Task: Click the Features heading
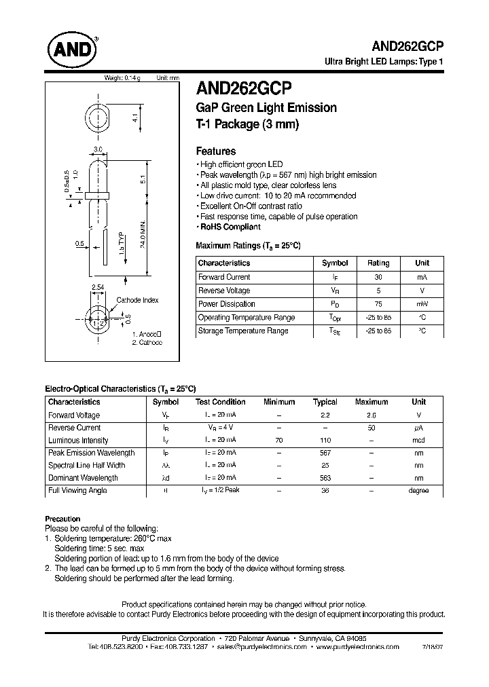tap(215, 151)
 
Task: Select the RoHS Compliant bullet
tap(230, 227)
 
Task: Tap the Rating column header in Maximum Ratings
tap(378, 263)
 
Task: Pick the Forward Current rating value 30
tap(378, 277)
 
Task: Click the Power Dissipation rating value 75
tap(378, 304)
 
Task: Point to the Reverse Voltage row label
tap(224, 291)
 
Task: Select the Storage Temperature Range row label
tap(242, 331)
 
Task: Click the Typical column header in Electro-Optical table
tap(325, 402)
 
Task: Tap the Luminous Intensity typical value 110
tap(325, 441)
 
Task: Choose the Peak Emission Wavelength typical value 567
tap(325, 453)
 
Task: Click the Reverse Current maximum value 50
tap(371, 428)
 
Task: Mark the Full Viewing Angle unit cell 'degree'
tap(418, 491)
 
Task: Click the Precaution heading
tap(62, 519)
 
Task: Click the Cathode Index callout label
tap(137, 301)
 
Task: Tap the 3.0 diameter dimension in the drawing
tap(98, 149)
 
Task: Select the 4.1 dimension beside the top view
tap(135, 119)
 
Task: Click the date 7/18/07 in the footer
tap(435, 648)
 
